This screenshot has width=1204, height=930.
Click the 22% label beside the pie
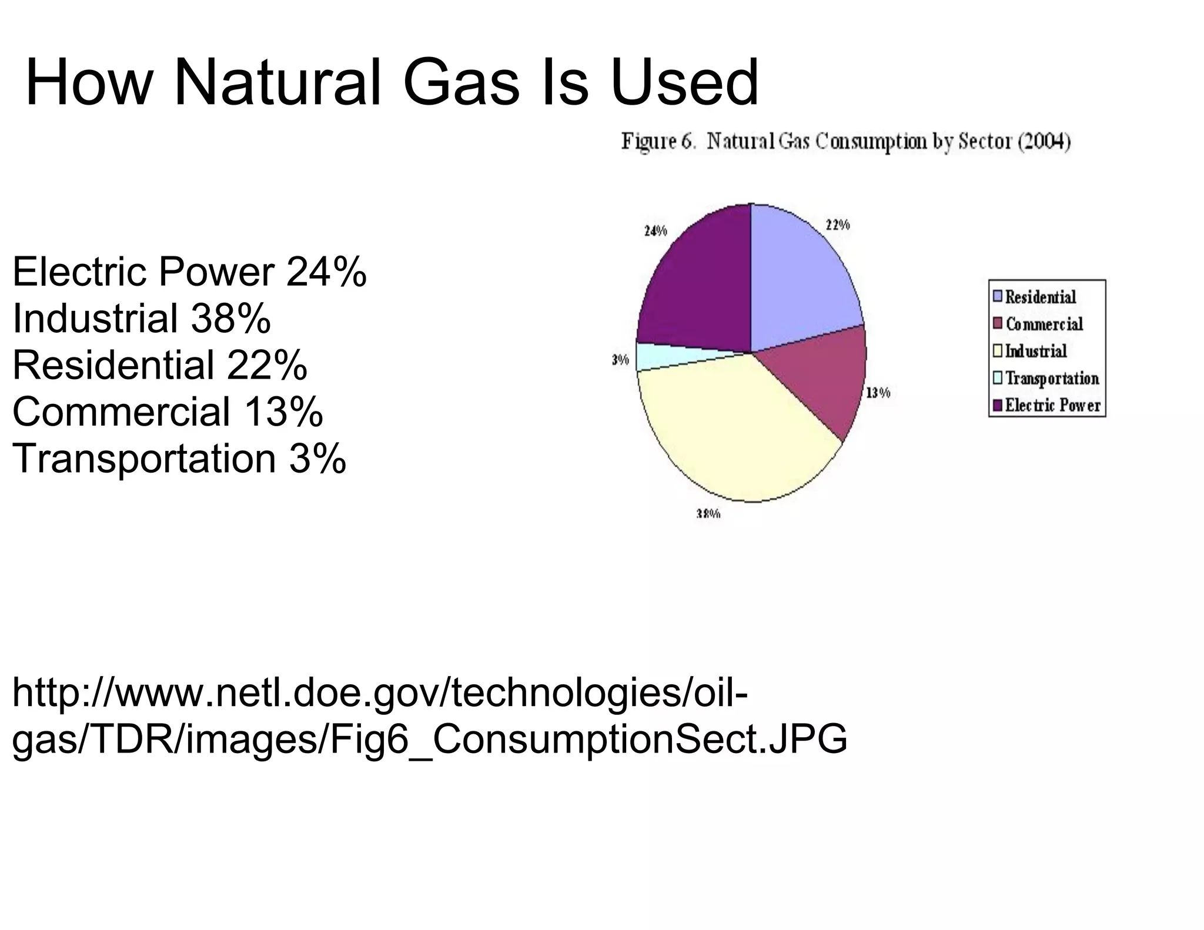[838, 225]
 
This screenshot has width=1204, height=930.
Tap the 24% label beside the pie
[655, 231]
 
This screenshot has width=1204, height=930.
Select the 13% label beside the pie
[878, 393]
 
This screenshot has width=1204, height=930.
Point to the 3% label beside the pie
[620, 360]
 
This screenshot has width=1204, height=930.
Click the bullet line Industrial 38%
[141, 319]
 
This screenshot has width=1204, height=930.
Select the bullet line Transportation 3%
[179, 459]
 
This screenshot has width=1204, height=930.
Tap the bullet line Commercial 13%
[168, 412]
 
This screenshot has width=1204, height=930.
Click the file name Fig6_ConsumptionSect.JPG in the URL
[588, 739]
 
